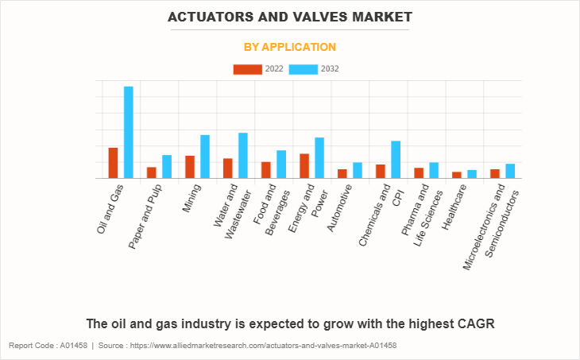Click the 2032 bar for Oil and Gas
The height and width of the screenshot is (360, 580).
click(x=128, y=132)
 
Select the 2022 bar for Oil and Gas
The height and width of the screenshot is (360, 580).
click(x=114, y=163)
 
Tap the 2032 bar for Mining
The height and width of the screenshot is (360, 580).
click(x=205, y=157)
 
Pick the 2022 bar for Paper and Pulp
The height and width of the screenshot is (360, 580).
click(x=152, y=172)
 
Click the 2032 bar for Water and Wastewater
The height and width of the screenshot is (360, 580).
click(x=243, y=156)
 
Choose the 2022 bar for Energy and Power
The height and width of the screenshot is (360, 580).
click(x=304, y=166)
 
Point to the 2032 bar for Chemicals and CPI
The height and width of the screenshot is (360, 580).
click(x=396, y=160)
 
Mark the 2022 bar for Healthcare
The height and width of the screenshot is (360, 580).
click(x=457, y=175)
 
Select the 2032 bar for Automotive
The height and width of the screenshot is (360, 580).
click(x=358, y=170)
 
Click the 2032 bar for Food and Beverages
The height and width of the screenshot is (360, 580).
click(x=281, y=165)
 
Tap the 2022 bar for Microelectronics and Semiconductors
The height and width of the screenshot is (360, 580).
click(x=495, y=173)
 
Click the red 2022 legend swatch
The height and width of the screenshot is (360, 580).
click(x=247, y=69)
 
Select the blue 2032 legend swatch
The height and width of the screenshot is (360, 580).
click(x=303, y=69)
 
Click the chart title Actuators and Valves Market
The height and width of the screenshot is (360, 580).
click(x=289, y=16)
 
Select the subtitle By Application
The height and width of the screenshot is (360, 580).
click(x=289, y=47)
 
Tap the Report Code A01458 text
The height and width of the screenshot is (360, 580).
click(x=47, y=346)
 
